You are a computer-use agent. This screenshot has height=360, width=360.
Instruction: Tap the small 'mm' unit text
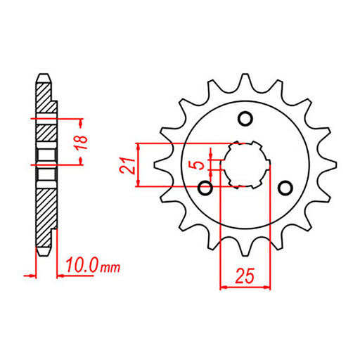click(111, 268)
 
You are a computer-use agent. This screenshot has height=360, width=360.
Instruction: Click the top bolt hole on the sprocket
click(245, 117)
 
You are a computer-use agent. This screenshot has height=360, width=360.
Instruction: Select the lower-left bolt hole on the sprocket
click(205, 188)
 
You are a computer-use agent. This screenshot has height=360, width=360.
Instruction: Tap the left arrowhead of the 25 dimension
click(224, 286)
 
